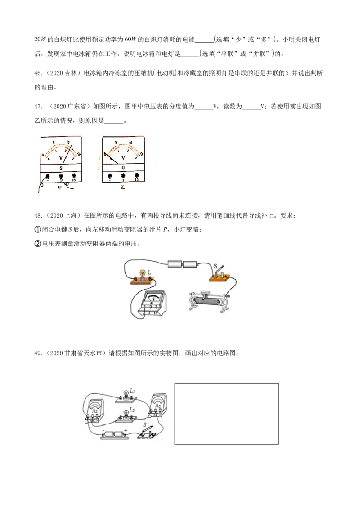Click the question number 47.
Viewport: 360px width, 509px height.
coord(38,107)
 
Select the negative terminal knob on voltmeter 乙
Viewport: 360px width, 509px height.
coord(109,176)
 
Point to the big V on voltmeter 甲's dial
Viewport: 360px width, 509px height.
coord(61,158)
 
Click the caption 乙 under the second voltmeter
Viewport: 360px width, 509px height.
coord(123,188)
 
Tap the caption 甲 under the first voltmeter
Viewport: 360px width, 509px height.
coord(59,188)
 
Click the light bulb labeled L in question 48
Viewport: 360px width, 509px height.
coord(142,274)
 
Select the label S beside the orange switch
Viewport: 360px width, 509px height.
coord(216,267)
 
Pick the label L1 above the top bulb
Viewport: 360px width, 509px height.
coord(132,391)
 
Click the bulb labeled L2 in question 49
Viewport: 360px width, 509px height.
coord(126,414)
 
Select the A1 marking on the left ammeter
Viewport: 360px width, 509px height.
coord(95,411)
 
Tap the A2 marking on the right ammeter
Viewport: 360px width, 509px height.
coord(158,406)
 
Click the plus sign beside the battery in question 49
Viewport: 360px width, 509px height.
coord(125,431)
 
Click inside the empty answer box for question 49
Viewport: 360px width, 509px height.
coord(226,414)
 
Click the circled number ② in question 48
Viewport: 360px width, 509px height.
coord(38,243)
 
